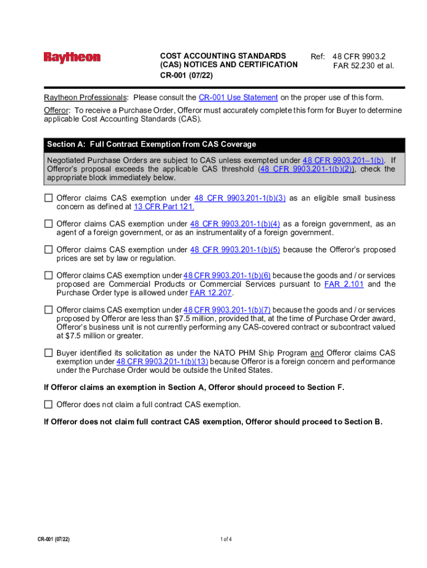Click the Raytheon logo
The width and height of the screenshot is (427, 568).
(72, 57)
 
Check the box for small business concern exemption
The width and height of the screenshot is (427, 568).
(49, 198)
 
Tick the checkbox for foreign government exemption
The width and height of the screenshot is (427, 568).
(49, 224)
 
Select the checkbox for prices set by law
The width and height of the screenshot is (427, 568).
(49, 250)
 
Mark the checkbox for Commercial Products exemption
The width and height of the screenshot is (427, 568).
(49, 275)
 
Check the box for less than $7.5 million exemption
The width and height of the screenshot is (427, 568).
(49, 310)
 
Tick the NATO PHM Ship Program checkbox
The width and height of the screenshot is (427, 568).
(49, 353)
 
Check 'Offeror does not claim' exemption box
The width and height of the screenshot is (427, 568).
(49, 404)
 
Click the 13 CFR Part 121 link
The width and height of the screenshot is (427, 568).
(164, 207)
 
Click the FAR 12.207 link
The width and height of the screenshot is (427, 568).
(212, 293)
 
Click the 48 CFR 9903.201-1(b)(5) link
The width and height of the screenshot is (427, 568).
(235, 250)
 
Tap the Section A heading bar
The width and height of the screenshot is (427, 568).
(225, 144)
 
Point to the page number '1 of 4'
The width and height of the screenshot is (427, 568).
(226, 539)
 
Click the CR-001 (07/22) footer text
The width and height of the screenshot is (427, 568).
(53, 539)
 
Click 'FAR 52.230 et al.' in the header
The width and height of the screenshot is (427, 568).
(363, 65)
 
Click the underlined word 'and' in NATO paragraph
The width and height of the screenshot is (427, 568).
(317, 353)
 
